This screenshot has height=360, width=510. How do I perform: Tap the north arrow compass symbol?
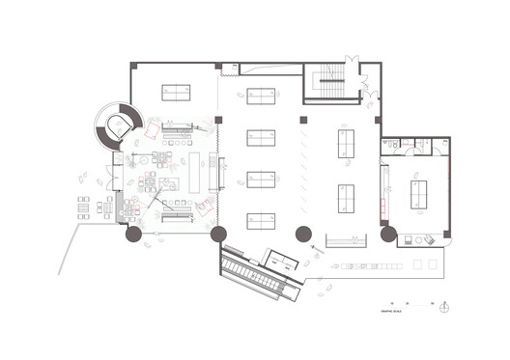pos(443,308)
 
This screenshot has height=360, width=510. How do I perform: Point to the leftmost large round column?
pos(132,233)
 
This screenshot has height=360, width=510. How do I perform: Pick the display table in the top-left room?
pos(176,93)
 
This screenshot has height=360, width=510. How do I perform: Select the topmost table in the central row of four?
pos(262,96)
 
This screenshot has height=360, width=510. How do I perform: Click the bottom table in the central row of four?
pos(262,221)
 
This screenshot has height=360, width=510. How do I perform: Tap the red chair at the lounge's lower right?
pos(205,206)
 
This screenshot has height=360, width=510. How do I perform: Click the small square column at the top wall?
pos(219,67)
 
